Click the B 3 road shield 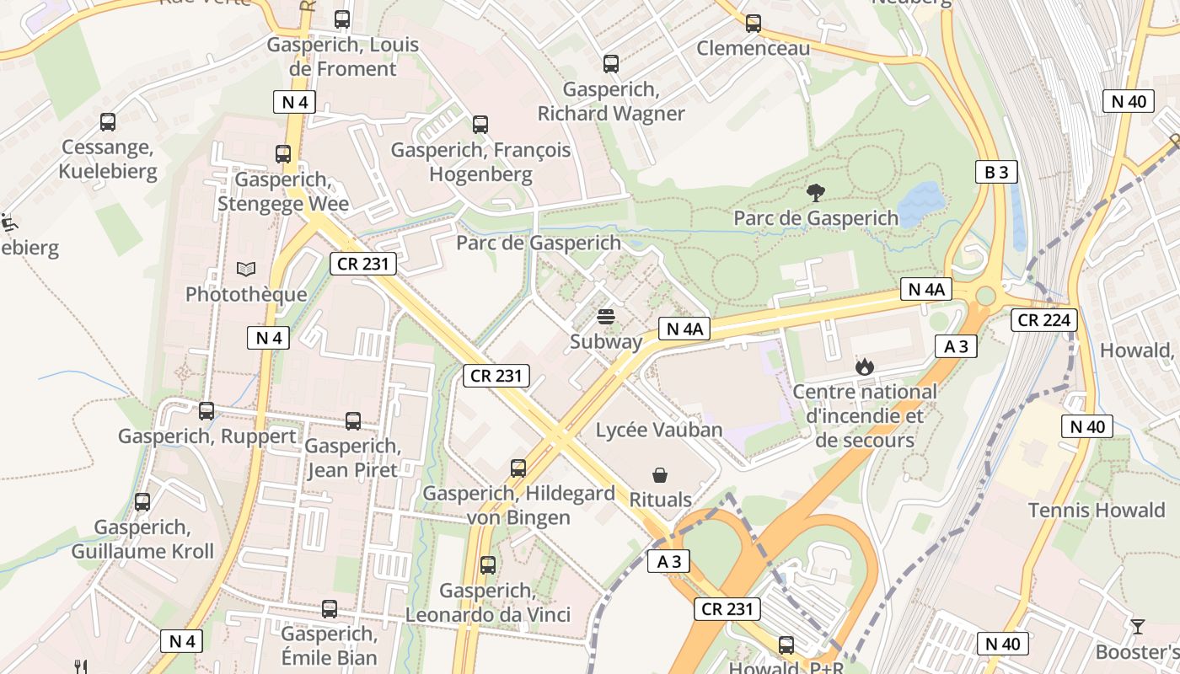tap(995, 172)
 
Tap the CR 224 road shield tap(1044, 319)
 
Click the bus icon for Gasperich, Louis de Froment tap(342, 19)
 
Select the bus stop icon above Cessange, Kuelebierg tap(108, 122)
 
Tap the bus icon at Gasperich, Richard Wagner tap(610, 64)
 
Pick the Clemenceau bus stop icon tap(754, 24)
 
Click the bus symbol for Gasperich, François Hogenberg tap(480, 125)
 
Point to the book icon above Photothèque tap(245, 270)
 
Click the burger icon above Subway tap(605, 317)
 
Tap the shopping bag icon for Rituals tap(660, 476)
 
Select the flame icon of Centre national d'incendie tap(864, 366)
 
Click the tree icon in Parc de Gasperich tap(815, 193)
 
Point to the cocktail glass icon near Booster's tap(1137, 627)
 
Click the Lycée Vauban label tap(659, 430)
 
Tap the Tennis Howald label tap(1097, 510)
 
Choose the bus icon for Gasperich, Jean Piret tap(353, 420)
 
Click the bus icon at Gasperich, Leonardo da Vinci tap(487, 565)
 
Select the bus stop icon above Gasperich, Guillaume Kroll tap(142, 502)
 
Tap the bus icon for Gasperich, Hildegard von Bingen tap(518, 468)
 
